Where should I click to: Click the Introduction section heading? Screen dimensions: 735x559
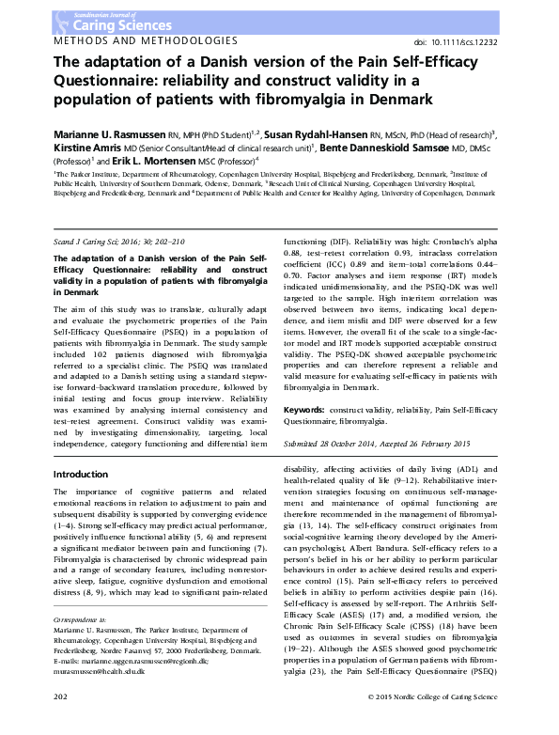(81, 474)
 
